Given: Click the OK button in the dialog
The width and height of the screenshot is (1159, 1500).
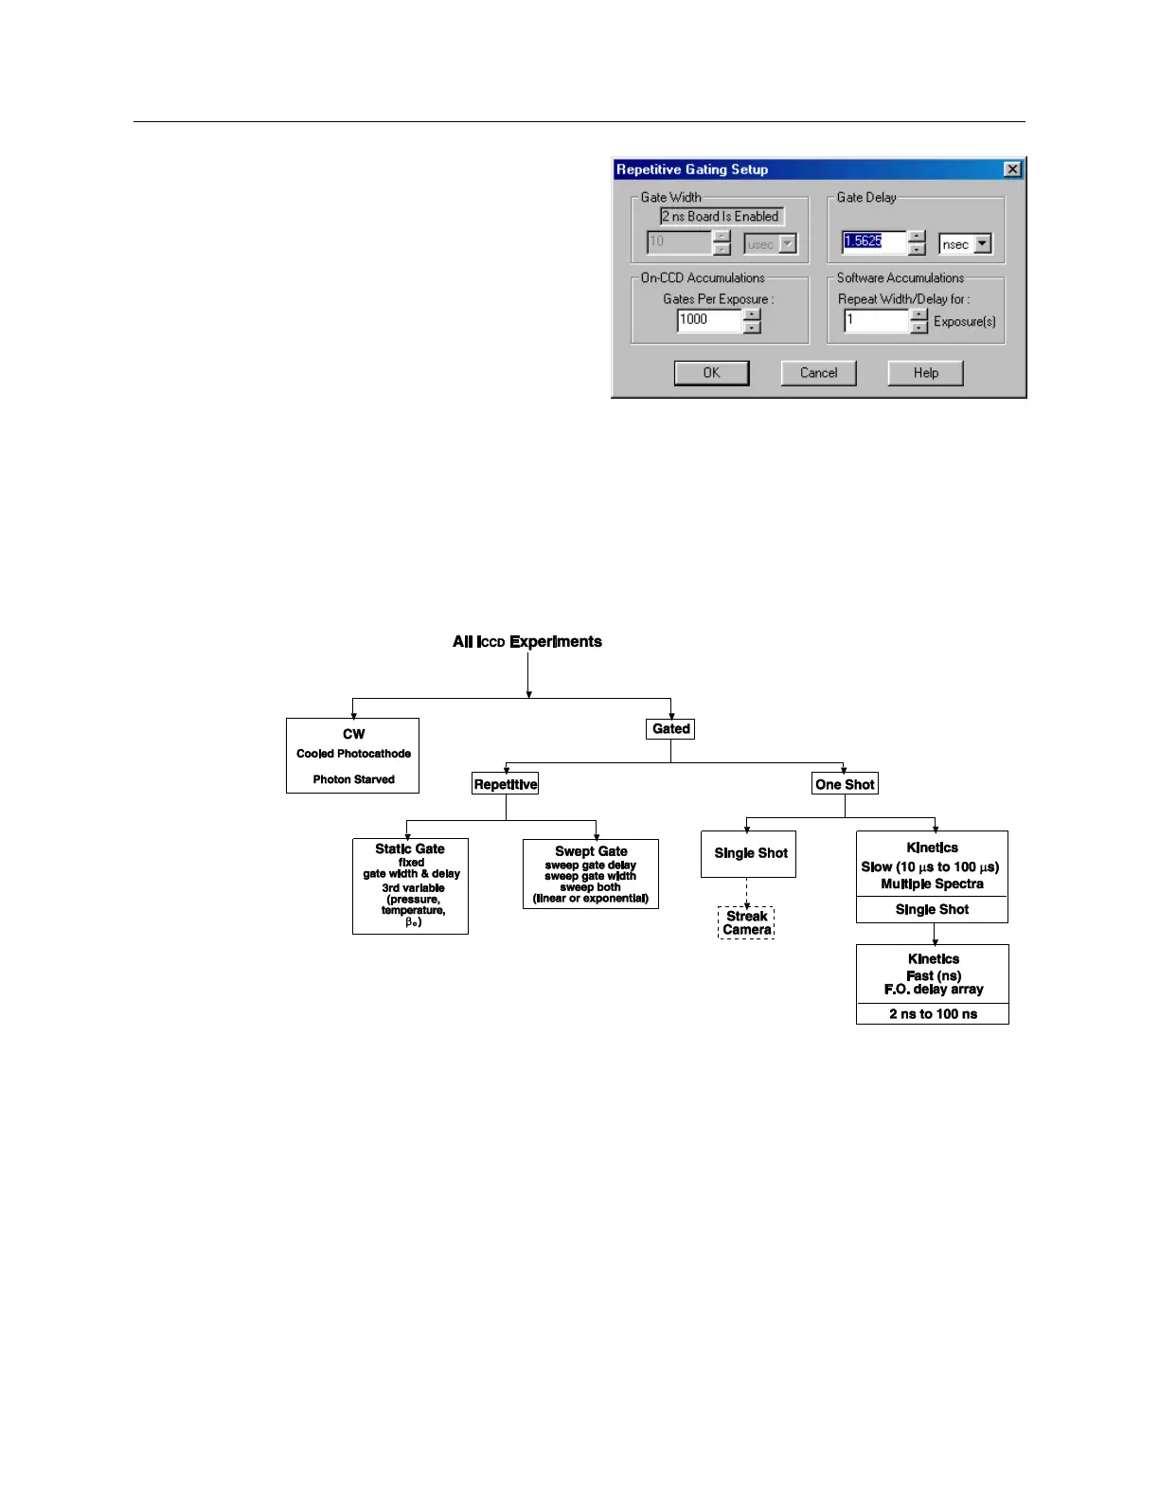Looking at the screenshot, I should click(711, 373).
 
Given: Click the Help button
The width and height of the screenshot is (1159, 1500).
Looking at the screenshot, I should click(925, 373).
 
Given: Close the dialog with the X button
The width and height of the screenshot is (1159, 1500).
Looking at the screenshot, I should click(1012, 170).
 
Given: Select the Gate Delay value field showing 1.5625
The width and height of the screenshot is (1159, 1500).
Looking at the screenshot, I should click(873, 241).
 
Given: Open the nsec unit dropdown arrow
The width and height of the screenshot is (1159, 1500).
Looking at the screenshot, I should click(983, 244).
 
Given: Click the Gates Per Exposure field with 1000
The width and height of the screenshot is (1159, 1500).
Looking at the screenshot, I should click(708, 320).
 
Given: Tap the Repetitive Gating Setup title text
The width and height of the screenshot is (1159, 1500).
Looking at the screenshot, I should click(692, 170).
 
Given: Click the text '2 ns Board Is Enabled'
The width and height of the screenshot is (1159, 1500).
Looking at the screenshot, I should click(722, 217).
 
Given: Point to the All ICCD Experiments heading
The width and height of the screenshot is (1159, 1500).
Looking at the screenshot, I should click(526, 642).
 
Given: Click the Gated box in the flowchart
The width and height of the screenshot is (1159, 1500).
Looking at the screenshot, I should click(671, 729).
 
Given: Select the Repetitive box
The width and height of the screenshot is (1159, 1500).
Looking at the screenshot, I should click(506, 784).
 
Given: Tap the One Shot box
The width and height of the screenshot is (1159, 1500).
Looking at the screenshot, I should click(845, 784).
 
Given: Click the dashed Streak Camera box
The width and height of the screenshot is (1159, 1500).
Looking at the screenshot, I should click(746, 923).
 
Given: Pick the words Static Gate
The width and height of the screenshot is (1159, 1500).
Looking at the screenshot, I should click(409, 849).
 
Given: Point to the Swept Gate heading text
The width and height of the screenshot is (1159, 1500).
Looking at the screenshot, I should click(591, 851).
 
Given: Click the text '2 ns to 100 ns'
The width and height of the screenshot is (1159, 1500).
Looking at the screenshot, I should click(933, 1014).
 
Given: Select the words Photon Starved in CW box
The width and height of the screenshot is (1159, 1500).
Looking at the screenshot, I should click(353, 779).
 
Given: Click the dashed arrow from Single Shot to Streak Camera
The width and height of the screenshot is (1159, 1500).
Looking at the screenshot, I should click(747, 892).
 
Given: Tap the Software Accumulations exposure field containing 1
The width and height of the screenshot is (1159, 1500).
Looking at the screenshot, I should click(876, 321).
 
